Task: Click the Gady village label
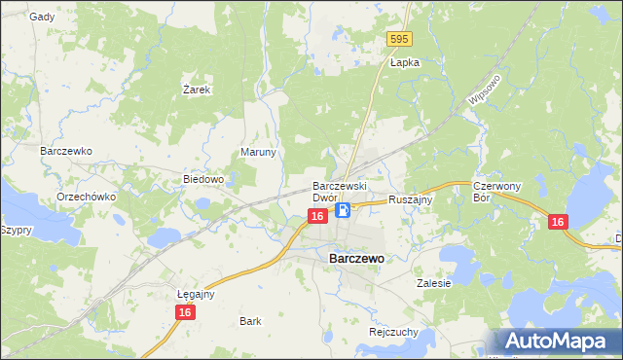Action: point(42,17)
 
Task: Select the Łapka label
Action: point(404,62)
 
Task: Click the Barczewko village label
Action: point(65,152)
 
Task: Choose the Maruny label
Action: point(259,153)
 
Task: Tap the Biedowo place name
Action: point(204,180)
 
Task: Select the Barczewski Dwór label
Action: point(338,192)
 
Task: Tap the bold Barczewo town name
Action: point(357,259)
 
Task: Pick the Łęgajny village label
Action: point(196,294)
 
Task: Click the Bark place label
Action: point(250,320)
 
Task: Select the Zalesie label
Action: point(434,284)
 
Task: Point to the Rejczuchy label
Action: point(394,332)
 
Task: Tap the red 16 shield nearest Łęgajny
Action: point(185,311)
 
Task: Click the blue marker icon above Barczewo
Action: point(344,210)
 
